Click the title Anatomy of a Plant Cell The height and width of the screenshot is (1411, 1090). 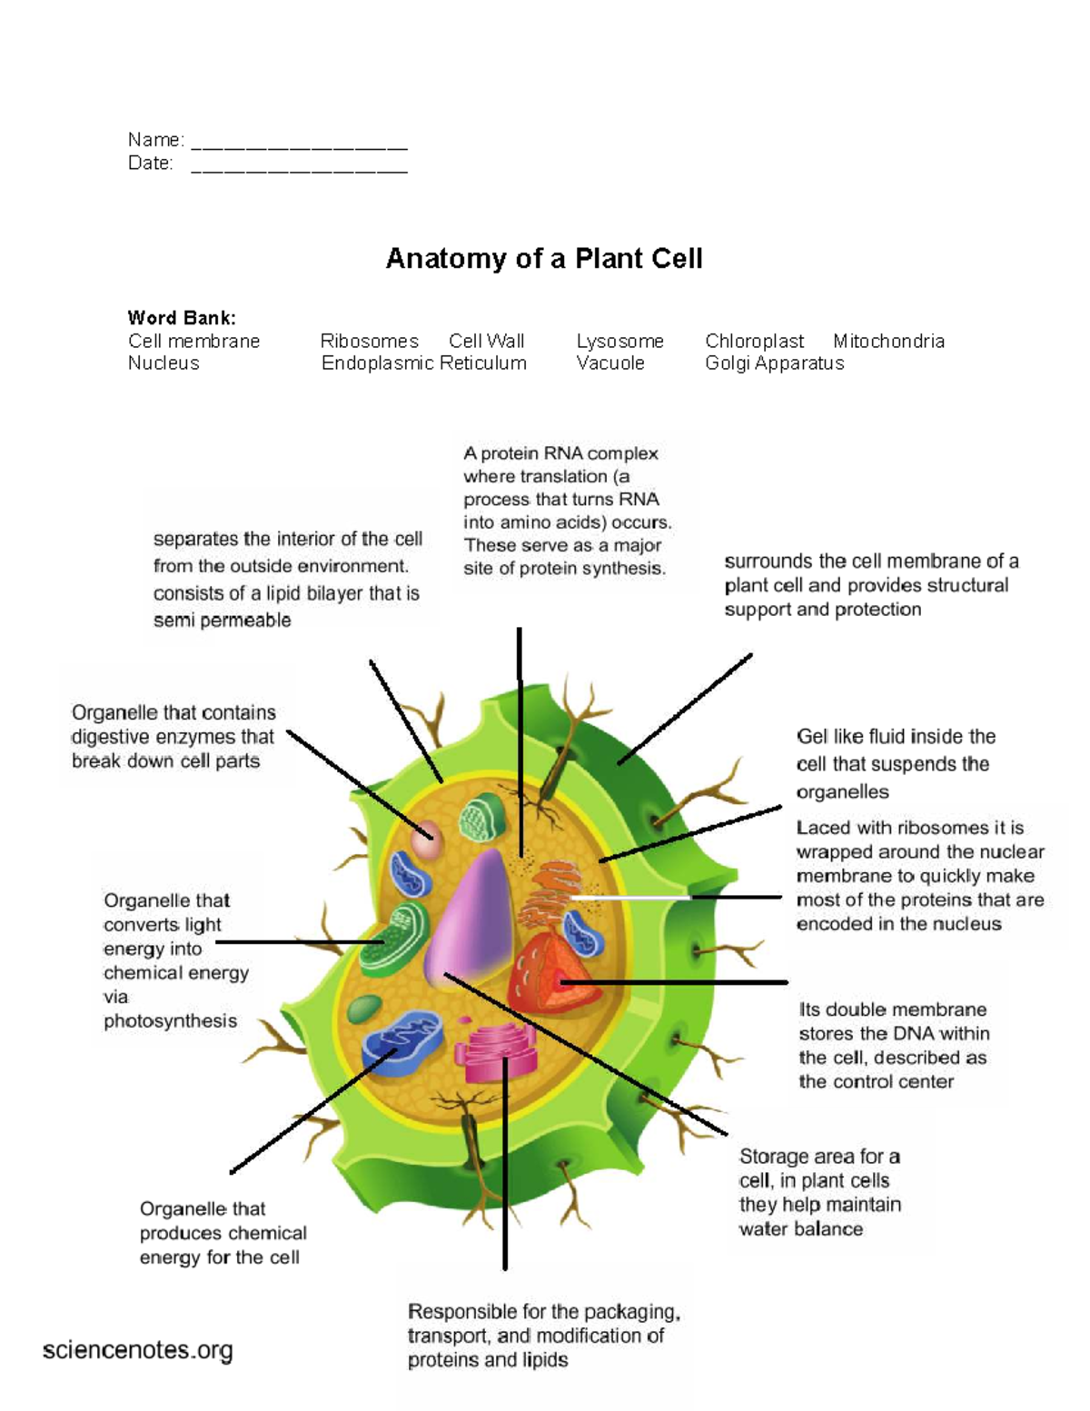pos(543,259)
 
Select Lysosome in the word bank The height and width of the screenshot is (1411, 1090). pos(619,342)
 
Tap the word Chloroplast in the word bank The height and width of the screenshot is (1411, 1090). pos(754,342)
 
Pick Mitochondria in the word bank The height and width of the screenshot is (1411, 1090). pos(888,342)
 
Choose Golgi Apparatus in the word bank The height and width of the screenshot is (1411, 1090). pos(774,363)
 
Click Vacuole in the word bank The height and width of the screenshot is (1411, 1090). pos(609,363)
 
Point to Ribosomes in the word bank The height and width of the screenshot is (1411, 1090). pos(369,342)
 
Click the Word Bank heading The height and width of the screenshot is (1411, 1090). pos(182,318)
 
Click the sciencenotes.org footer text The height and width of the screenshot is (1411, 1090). pos(137,1351)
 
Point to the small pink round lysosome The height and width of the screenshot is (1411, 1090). pos(426,841)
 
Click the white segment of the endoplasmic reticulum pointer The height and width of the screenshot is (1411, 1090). pos(631,898)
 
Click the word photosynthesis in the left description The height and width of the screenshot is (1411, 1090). pos(170,1021)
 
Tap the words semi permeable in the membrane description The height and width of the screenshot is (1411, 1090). pos(223,621)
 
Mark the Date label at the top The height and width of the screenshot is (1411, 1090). pos(150,164)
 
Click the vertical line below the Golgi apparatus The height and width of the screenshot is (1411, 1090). pos(505,1181)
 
